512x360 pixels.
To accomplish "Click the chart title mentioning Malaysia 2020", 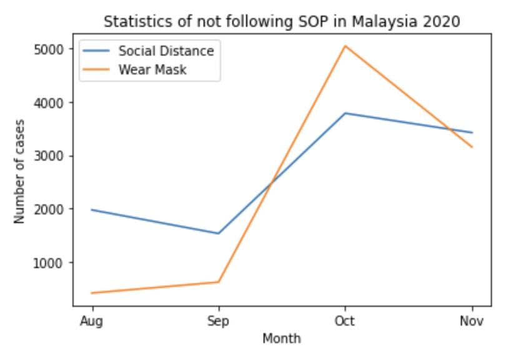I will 282,21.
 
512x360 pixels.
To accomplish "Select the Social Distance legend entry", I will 166,51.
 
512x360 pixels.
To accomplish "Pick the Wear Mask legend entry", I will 152,69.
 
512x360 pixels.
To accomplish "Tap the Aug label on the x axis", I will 92,321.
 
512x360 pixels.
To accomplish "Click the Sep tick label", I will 218,321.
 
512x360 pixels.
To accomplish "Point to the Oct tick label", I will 345,321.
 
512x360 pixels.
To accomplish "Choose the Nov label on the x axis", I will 472,321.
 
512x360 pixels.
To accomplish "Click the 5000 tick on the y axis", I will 52,49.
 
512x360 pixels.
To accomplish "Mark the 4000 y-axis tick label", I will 52,102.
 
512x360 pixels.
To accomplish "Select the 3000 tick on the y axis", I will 52,156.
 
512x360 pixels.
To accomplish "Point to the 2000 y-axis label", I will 52,209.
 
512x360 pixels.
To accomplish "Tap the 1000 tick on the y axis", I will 52,262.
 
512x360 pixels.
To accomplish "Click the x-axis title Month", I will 282,339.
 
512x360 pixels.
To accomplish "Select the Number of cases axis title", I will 20,171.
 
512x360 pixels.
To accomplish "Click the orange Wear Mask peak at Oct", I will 345,46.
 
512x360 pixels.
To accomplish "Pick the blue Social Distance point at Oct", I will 345,113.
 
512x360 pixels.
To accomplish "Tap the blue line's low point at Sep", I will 218,233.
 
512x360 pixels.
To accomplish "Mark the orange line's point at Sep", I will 218,282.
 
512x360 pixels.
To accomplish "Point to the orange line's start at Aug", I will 92,292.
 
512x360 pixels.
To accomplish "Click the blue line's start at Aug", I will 92,210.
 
